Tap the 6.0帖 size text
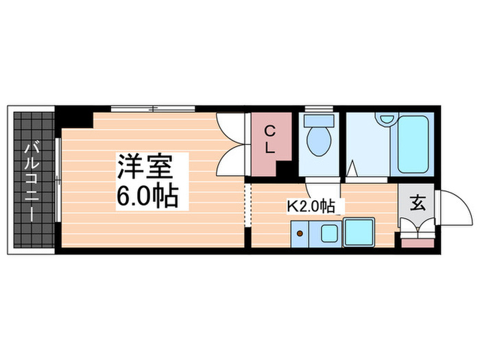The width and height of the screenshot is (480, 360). (147, 197)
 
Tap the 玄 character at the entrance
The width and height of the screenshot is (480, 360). (416, 203)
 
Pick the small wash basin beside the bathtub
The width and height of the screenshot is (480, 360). (386, 119)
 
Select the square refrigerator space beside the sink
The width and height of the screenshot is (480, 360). (358, 234)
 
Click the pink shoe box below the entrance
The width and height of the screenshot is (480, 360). (417, 241)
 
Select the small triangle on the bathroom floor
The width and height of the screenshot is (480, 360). (352, 167)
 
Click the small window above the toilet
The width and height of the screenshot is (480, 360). (319, 108)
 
